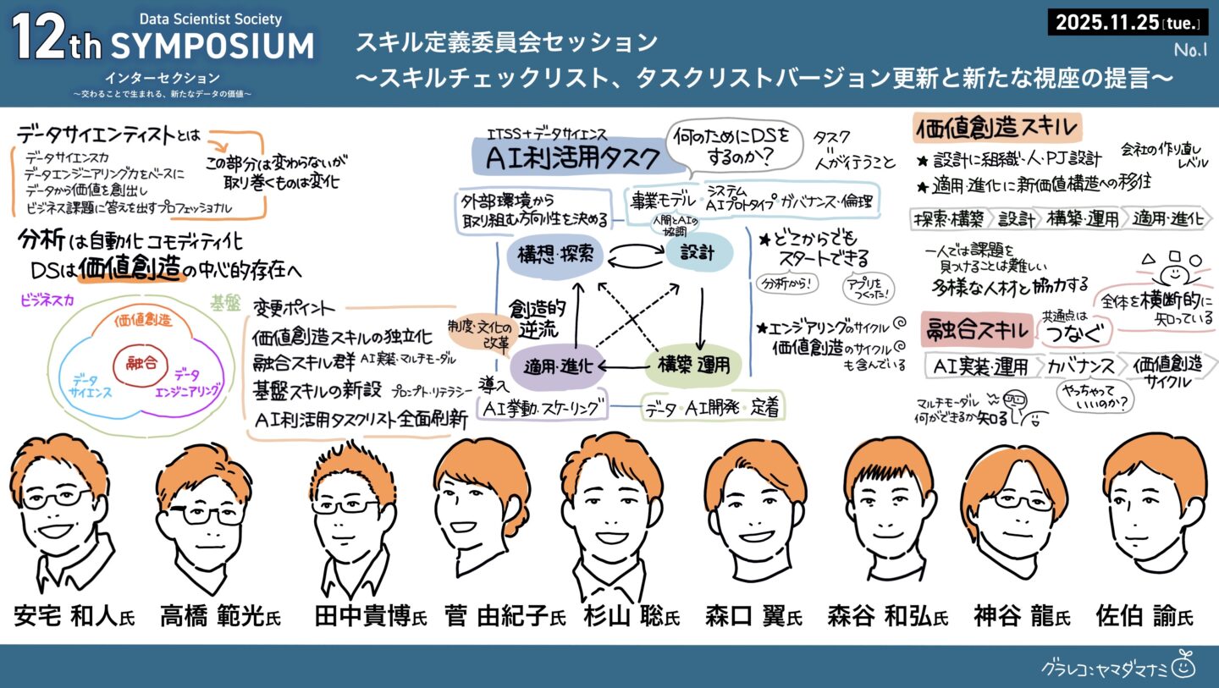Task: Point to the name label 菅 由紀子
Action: tap(505, 616)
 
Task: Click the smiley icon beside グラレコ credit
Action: tap(1183, 667)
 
